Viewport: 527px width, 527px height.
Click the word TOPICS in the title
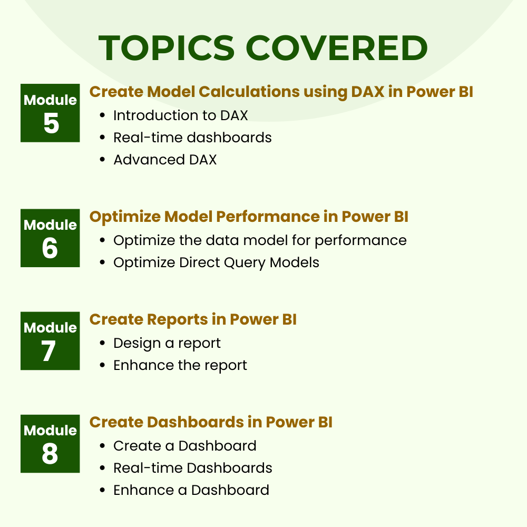[167, 48]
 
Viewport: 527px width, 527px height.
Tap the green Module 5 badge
[50, 113]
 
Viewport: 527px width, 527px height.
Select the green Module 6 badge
[50, 238]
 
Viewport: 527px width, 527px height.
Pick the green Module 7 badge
[50, 341]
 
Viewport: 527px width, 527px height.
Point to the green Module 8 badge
[50, 444]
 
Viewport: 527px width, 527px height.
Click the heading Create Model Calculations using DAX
[237, 92]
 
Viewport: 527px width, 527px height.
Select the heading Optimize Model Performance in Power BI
[249, 217]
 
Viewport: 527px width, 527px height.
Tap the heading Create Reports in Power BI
[193, 320]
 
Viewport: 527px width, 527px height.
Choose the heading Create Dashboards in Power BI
[211, 423]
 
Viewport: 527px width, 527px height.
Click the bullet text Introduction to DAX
[180, 115]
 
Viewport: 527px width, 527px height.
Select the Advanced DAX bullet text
[165, 160]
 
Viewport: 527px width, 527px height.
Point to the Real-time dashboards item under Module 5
[192, 138]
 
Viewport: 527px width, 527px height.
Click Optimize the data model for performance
[260, 241]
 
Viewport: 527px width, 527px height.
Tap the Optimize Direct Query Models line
[216, 263]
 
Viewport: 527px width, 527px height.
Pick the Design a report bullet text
[167, 344]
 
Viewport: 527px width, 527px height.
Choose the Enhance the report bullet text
[180, 366]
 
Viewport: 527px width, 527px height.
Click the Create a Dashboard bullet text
[185, 446]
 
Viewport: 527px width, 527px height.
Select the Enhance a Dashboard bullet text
[191, 490]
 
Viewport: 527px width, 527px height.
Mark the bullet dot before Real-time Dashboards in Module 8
[103, 468]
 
